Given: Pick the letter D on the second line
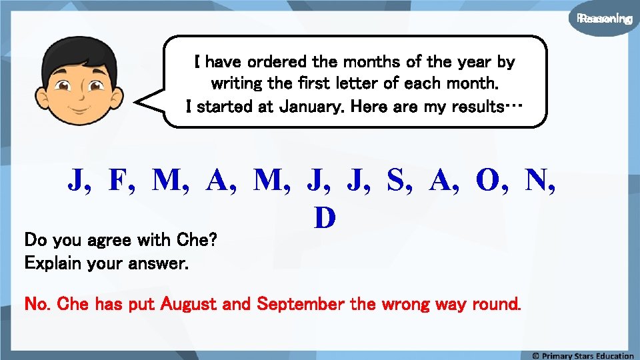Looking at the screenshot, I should click(x=324, y=217).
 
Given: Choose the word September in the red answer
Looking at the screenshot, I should click(x=302, y=305).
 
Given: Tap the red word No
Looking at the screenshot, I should click(x=36, y=305).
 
